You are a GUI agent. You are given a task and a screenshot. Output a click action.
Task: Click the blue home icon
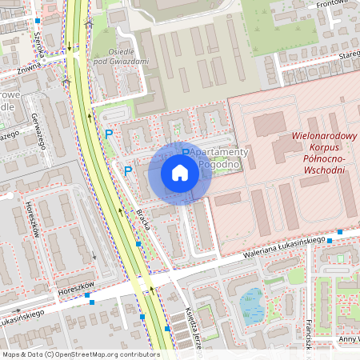click(180, 173)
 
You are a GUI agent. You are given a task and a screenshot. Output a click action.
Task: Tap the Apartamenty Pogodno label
click(217, 158)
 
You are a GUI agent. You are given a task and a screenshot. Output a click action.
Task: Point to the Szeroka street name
click(37, 33)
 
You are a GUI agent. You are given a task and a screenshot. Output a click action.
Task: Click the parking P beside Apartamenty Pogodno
click(185, 153)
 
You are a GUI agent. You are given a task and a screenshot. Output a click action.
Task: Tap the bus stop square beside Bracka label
click(138, 242)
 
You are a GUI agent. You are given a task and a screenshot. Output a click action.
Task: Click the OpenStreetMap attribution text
click(81, 354)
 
